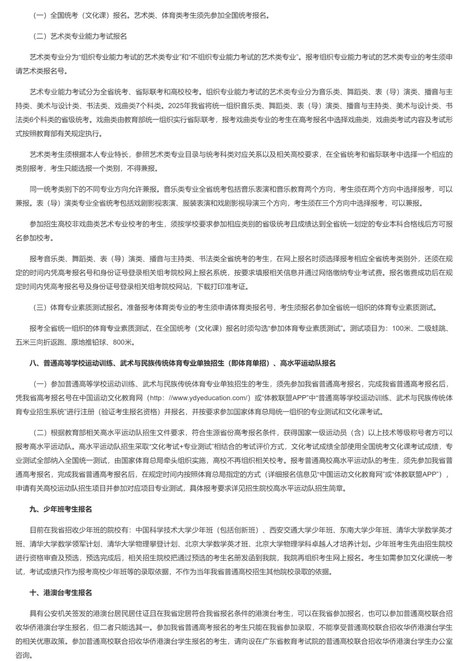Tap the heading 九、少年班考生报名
click(61, 509)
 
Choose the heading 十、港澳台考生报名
click(61, 593)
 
